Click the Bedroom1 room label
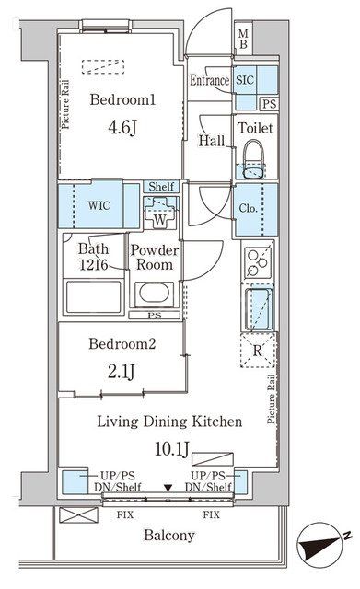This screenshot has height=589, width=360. point(122,99)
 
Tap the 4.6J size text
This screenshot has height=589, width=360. point(122,128)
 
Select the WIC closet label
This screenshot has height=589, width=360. point(99,205)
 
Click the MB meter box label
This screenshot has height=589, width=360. point(243,39)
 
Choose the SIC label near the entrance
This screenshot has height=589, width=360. point(245,80)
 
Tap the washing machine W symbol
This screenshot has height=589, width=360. point(160,213)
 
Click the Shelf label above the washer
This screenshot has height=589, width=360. point(161,186)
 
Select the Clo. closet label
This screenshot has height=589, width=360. point(249,208)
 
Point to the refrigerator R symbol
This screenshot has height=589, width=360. point(258,350)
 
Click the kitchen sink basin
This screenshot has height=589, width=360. point(259,308)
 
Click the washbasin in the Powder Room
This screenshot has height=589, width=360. point(154,293)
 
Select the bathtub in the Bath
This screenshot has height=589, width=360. point(94,296)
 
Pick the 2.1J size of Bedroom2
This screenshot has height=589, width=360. point(121,372)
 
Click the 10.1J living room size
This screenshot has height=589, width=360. point(172,449)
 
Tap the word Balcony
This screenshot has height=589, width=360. point(169,535)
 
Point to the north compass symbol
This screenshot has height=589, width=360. point(322,543)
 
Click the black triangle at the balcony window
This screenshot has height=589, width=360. point(168,488)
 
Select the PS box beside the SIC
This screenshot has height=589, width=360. point(269,104)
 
